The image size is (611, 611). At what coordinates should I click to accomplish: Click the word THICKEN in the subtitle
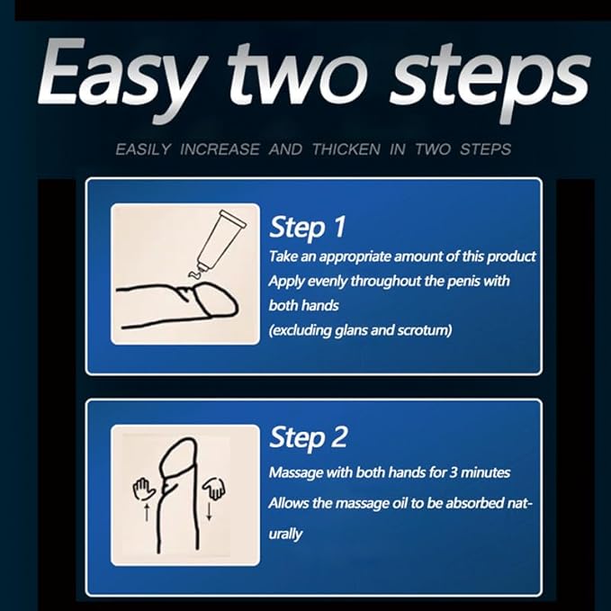pos(346,149)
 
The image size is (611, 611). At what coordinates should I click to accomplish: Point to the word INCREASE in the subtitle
pos(220,149)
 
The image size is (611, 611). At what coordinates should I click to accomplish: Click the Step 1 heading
pos(308,227)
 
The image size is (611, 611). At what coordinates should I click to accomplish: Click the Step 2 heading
pos(308,437)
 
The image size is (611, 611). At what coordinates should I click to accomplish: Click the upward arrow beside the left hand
pos(147,512)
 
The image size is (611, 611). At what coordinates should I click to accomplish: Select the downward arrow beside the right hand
pos(209,511)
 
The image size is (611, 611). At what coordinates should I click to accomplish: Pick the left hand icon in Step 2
pos(143,490)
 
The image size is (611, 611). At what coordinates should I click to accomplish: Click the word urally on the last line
pos(285,535)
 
